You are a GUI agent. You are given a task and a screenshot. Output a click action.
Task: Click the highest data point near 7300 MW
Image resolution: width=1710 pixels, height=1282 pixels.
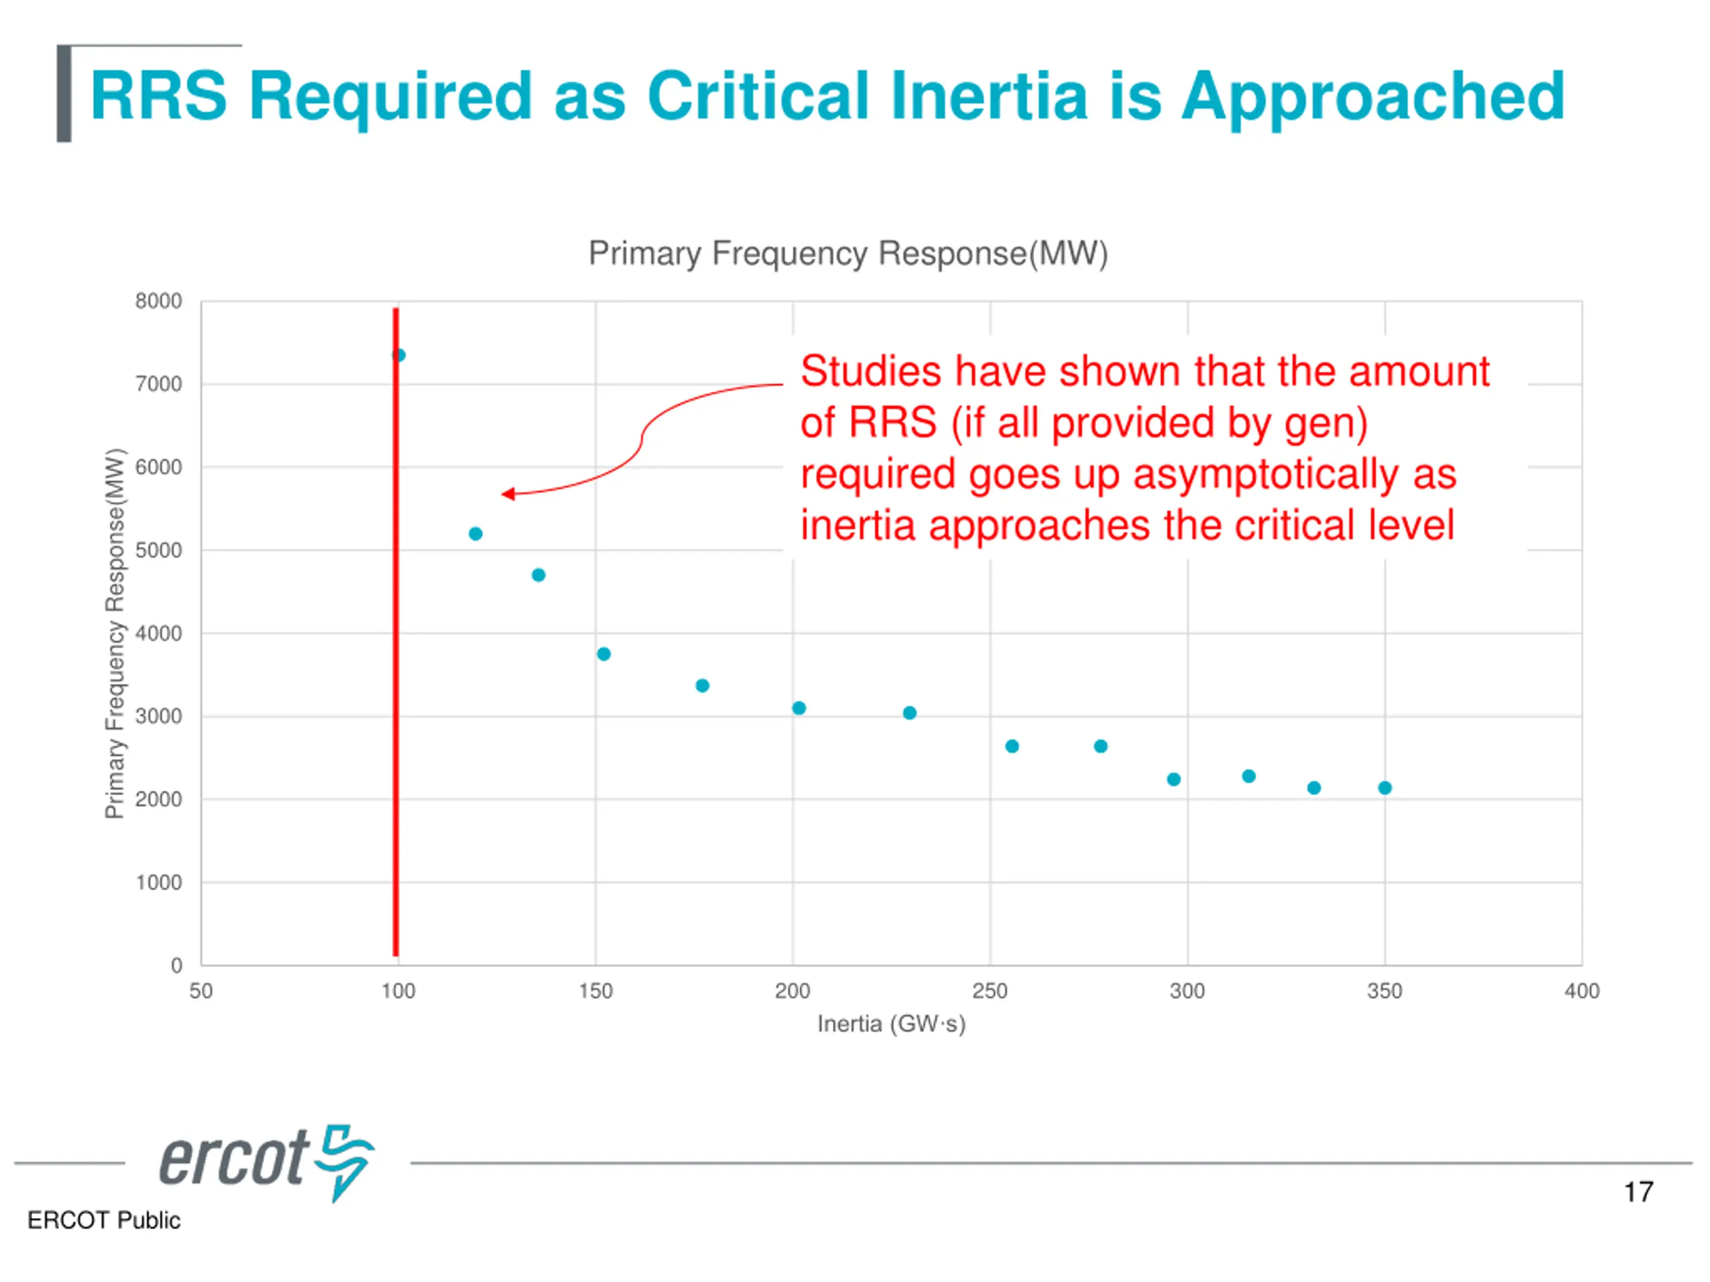[399, 355]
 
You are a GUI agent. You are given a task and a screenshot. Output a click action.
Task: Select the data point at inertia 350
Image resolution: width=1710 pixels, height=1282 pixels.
[1385, 788]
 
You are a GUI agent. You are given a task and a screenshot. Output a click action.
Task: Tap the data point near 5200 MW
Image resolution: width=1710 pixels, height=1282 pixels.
[476, 534]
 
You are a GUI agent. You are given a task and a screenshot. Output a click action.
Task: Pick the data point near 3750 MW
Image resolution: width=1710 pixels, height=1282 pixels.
[604, 654]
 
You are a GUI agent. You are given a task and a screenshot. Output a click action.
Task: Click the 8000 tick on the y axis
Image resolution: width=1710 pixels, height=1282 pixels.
[158, 301]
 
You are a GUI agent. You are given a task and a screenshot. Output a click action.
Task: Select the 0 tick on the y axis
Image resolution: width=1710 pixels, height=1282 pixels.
[176, 965]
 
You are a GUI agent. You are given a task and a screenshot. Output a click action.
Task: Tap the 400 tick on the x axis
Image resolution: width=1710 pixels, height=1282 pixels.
[1582, 992]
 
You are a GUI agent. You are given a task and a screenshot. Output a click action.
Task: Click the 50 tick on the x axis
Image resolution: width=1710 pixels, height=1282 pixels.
[201, 992]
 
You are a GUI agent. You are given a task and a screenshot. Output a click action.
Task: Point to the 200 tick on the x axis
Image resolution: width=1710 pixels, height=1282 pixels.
[792, 992]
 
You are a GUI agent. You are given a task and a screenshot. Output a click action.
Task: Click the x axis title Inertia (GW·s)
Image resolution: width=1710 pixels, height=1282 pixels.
[891, 1025]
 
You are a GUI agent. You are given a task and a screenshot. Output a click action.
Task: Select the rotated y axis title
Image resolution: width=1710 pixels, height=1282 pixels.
[114, 634]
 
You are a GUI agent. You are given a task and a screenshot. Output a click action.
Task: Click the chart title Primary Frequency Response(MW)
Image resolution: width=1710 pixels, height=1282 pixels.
[848, 254]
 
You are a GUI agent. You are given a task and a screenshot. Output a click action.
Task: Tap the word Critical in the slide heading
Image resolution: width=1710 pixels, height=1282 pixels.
[757, 97]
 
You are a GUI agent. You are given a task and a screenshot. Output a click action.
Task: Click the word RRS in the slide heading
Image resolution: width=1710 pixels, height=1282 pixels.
[158, 97]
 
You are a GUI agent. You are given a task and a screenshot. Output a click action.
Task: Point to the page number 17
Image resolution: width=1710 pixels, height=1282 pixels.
[1638, 1193]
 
